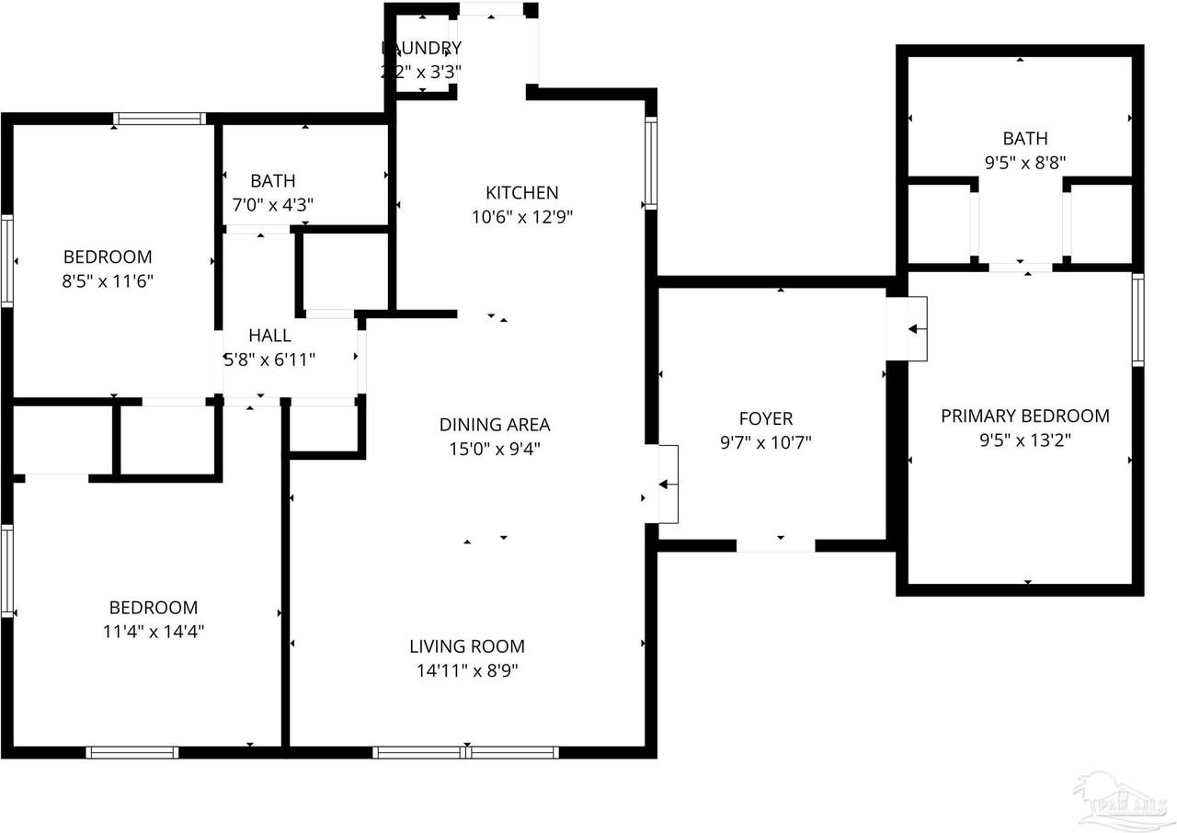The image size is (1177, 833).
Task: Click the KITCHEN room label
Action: pyautogui.click(x=521, y=192)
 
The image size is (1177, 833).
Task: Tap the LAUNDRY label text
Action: pyautogui.click(x=422, y=48)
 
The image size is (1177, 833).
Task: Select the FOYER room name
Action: pyautogui.click(x=766, y=418)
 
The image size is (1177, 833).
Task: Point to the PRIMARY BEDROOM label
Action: pyautogui.click(x=1024, y=416)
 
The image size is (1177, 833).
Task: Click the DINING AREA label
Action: pyautogui.click(x=494, y=425)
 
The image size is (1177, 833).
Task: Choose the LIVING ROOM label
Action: pyautogui.click(x=467, y=646)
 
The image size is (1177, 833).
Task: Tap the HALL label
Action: pyautogui.click(x=269, y=336)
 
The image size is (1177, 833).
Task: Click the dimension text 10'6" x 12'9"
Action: pyautogui.click(x=521, y=217)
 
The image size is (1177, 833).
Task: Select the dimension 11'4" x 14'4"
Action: pyautogui.click(x=154, y=632)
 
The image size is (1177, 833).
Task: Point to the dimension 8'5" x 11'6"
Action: pyautogui.click(x=108, y=280)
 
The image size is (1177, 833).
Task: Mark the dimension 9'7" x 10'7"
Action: pyautogui.click(x=766, y=442)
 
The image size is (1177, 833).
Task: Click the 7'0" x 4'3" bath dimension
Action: pyautogui.click(x=272, y=205)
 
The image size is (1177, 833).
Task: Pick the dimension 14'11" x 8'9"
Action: pyautogui.click(x=467, y=671)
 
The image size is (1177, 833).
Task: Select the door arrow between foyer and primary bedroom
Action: pyautogui.click(x=917, y=328)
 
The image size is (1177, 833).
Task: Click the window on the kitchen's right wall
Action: pyautogui.click(x=651, y=163)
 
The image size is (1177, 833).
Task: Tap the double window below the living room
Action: pyautogui.click(x=466, y=752)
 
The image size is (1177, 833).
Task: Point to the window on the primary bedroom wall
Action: pyautogui.click(x=1137, y=320)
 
